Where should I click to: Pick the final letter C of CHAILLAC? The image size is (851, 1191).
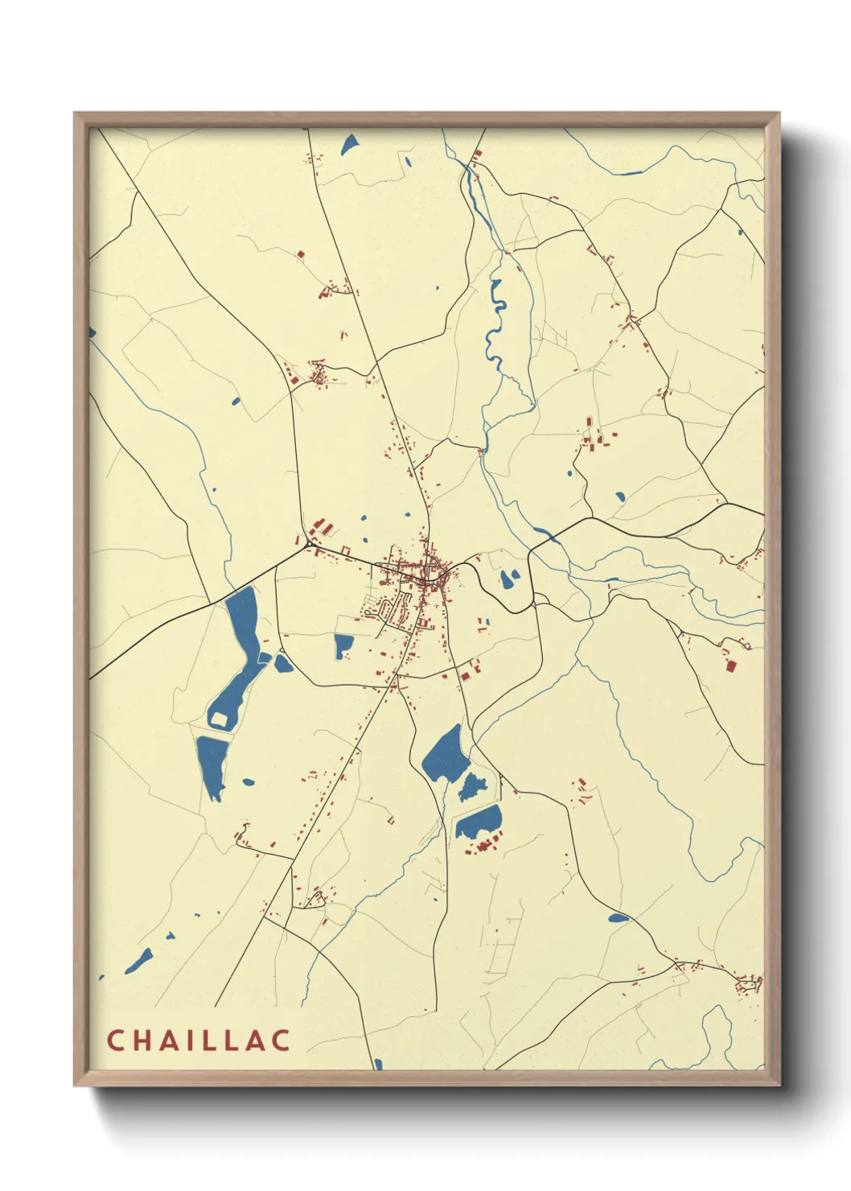coord(281,1040)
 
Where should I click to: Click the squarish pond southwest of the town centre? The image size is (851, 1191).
coord(343,645)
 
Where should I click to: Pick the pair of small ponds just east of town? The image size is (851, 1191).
coord(509,578)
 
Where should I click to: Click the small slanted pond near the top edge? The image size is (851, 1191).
coord(350,145)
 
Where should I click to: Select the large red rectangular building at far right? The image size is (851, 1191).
coord(731,665)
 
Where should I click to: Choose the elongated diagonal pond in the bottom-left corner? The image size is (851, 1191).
coord(141,959)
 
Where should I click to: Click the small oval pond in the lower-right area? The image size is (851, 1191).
coord(618,917)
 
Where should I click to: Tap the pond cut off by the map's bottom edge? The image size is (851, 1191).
coord(378,1065)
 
